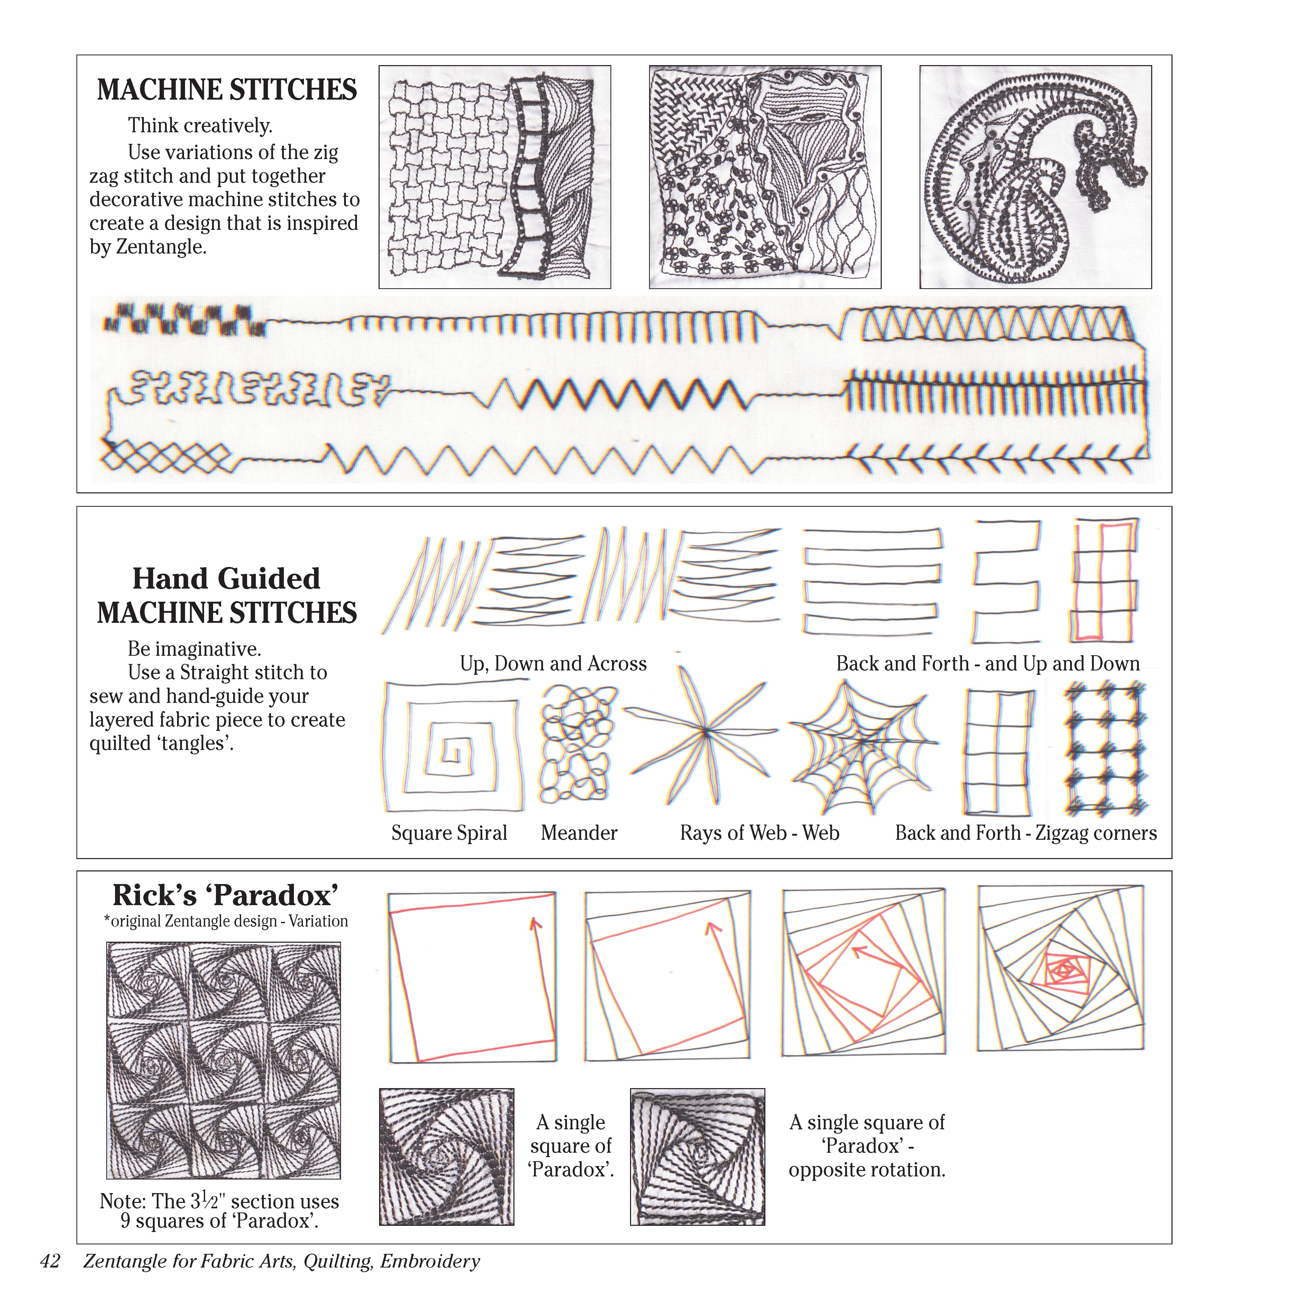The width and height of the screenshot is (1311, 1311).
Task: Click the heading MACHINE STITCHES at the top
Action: [227, 90]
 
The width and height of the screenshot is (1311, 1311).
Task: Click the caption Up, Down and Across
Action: [553, 664]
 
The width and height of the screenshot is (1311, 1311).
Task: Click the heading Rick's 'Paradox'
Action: [225, 896]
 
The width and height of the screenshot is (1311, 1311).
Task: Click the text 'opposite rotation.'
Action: [867, 1170]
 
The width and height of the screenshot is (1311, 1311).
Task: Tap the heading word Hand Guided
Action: [226, 579]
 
